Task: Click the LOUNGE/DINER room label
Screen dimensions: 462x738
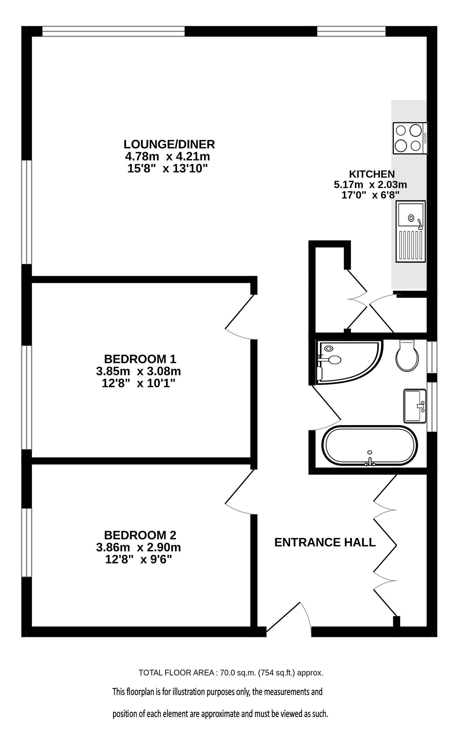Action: point(169,144)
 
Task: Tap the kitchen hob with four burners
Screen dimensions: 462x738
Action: point(410,138)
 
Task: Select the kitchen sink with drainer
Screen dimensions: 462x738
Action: point(411,231)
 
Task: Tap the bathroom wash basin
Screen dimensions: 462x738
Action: point(415,406)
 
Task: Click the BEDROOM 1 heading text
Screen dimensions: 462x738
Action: point(140,359)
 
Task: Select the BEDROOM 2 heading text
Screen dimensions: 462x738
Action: point(140,535)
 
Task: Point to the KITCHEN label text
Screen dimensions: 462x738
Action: point(372,174)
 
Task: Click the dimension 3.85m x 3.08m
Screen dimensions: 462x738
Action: point(138,371)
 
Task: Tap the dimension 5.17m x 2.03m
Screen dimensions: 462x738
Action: point(370,184)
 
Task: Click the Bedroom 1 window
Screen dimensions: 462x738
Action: point(27,397)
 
